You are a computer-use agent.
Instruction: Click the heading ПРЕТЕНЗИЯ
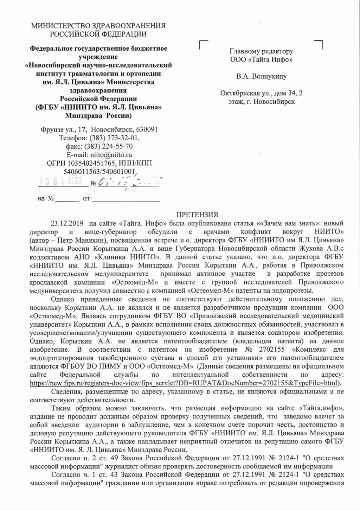197,215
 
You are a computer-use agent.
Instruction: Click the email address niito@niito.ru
111,155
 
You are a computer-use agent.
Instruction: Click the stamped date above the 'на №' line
60,181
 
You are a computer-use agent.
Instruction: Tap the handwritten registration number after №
128,182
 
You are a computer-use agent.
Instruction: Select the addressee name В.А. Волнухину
262,76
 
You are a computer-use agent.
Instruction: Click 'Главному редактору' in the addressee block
261,51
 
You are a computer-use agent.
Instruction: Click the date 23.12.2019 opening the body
67,223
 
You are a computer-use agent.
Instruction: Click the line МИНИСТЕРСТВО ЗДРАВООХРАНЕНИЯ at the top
98,26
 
